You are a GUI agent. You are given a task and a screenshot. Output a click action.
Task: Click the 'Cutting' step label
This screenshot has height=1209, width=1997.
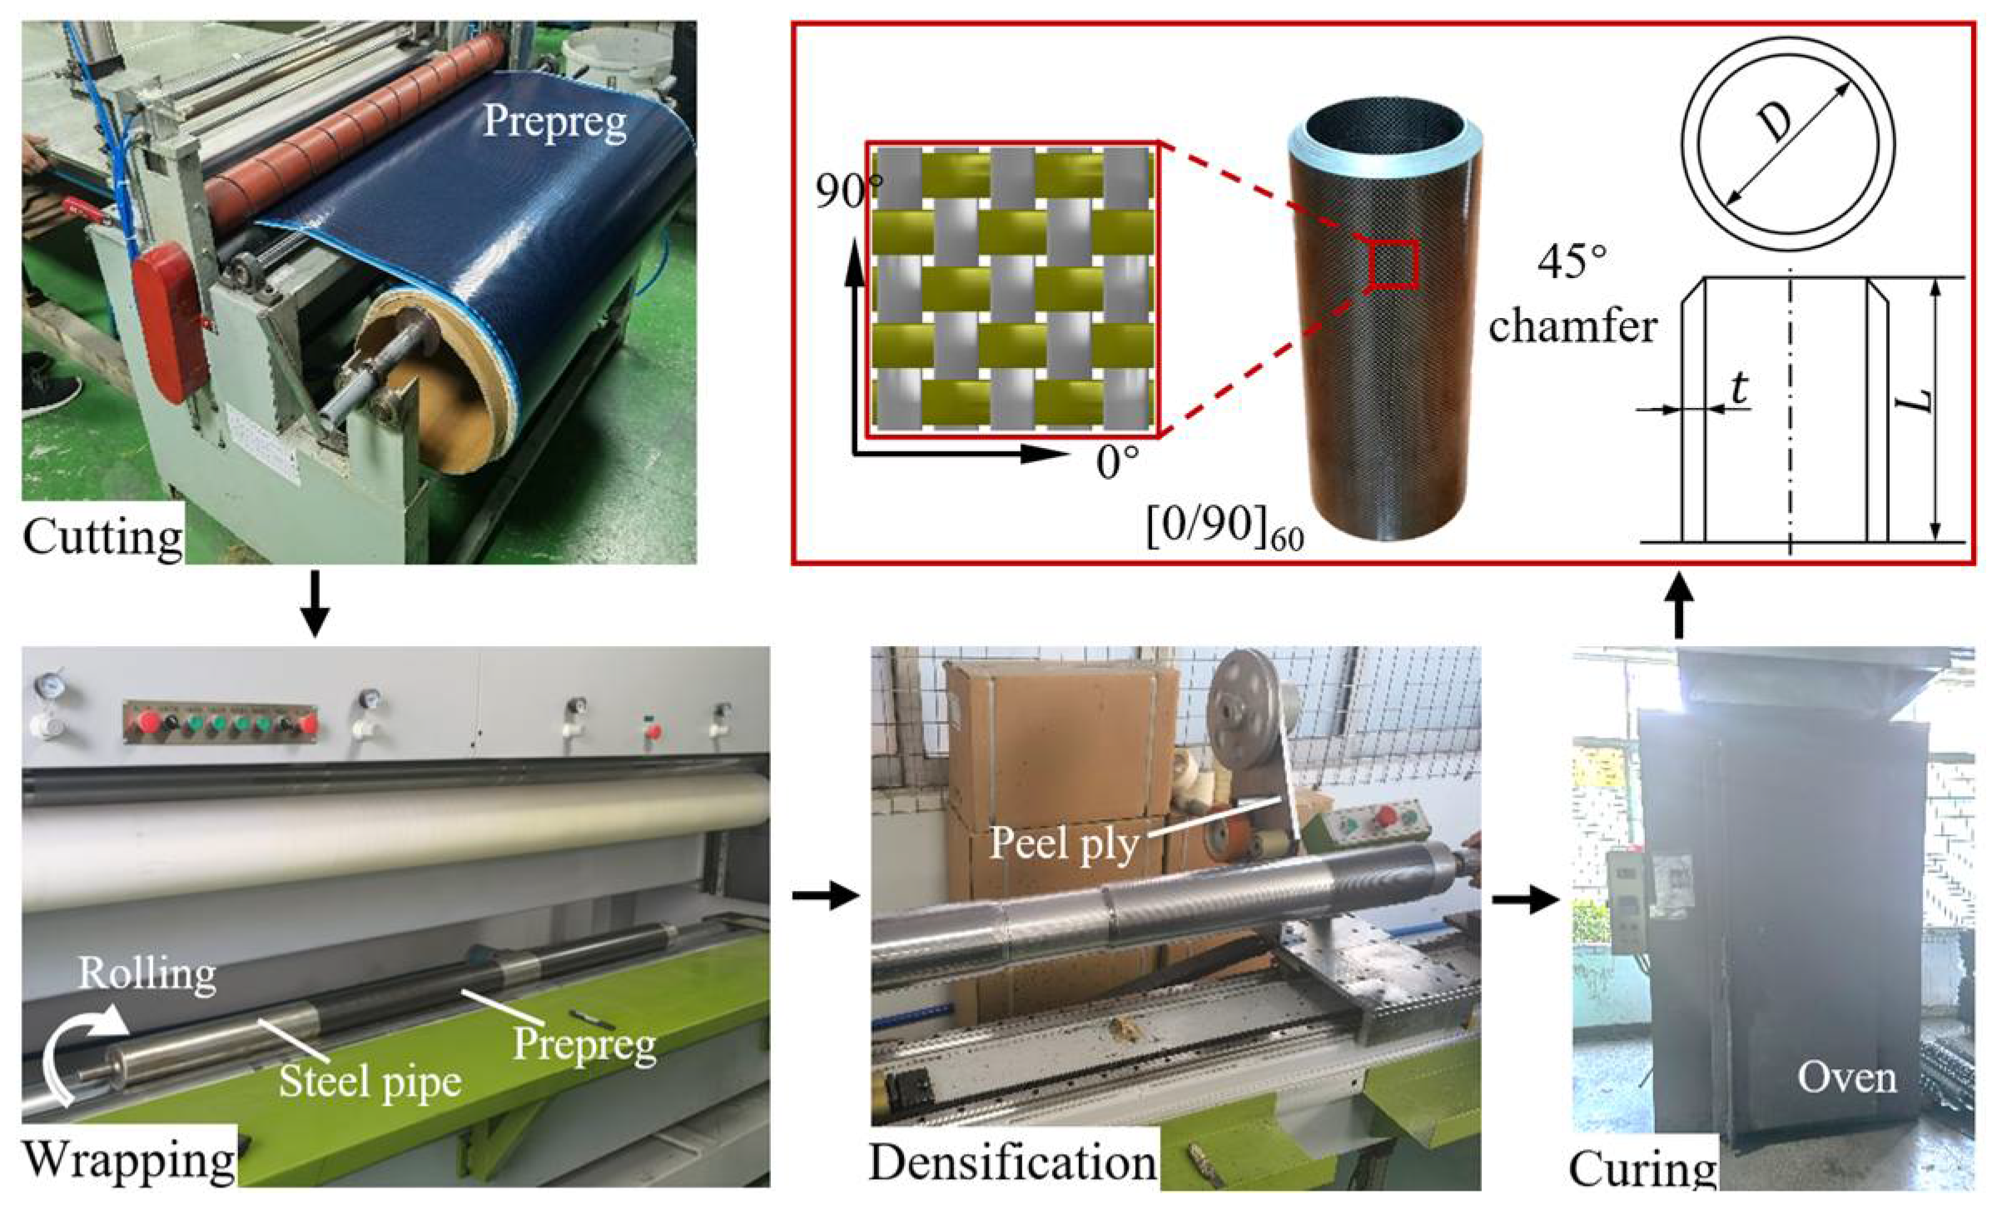(102, 537)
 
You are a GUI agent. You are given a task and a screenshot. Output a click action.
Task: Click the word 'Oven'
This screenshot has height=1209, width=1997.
(1846, 1078)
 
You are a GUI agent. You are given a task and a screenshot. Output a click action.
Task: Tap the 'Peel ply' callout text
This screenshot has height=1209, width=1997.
(1063, 844)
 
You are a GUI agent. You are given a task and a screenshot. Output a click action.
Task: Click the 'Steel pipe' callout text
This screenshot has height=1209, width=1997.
(370, 1082)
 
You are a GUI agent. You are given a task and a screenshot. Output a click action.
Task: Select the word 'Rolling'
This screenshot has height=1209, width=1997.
(147, 973)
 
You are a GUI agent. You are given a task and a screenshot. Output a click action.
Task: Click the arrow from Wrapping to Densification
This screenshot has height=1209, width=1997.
(823, 896)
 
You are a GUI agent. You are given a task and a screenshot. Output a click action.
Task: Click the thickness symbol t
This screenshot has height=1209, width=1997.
(1739, 389)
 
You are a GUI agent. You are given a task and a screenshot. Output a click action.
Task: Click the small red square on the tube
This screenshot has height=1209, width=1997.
(1393, 263)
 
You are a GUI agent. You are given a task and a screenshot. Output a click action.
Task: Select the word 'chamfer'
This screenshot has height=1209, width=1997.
(1572, 326)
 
